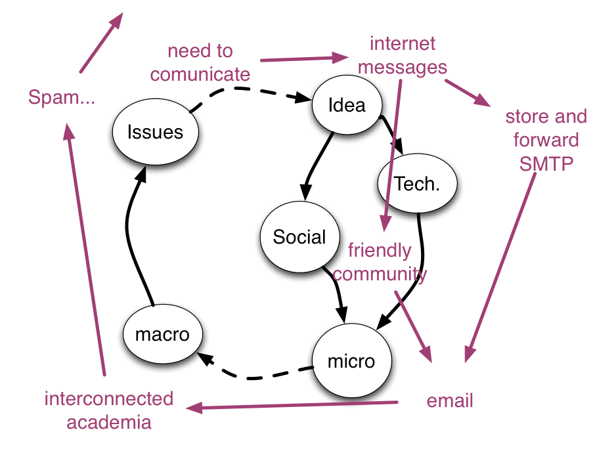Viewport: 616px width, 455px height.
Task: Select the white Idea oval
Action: pos(346,105)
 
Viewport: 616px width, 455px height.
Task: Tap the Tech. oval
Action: pos(417,184)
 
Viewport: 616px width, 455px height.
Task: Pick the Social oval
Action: pos(299,237)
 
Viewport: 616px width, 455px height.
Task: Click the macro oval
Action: pos(162,334)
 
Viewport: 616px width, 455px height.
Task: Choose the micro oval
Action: pos(351,361)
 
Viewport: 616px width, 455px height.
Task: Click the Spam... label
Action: pos(62,98)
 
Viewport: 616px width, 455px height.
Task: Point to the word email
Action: pos(450,401)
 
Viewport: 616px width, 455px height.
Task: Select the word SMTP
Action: pos(546,163)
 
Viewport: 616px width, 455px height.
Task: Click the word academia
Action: pos(109,422)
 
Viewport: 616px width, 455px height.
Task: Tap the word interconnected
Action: pos(109,399)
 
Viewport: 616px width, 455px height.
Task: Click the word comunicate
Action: pos(200,74)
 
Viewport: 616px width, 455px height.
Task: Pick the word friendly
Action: pos(380,250)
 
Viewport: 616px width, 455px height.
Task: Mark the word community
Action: pos(380,274)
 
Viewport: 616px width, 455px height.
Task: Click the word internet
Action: pos(403,43)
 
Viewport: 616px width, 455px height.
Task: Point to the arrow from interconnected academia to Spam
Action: pos(87,249)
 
